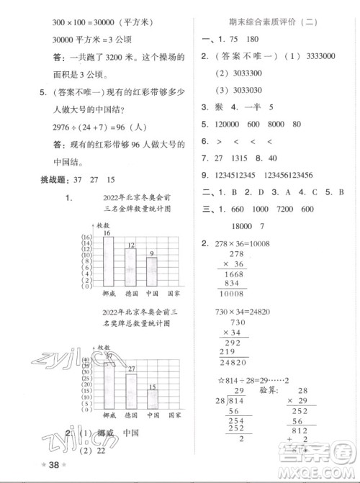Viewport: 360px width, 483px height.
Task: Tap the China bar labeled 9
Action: point(152,273)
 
